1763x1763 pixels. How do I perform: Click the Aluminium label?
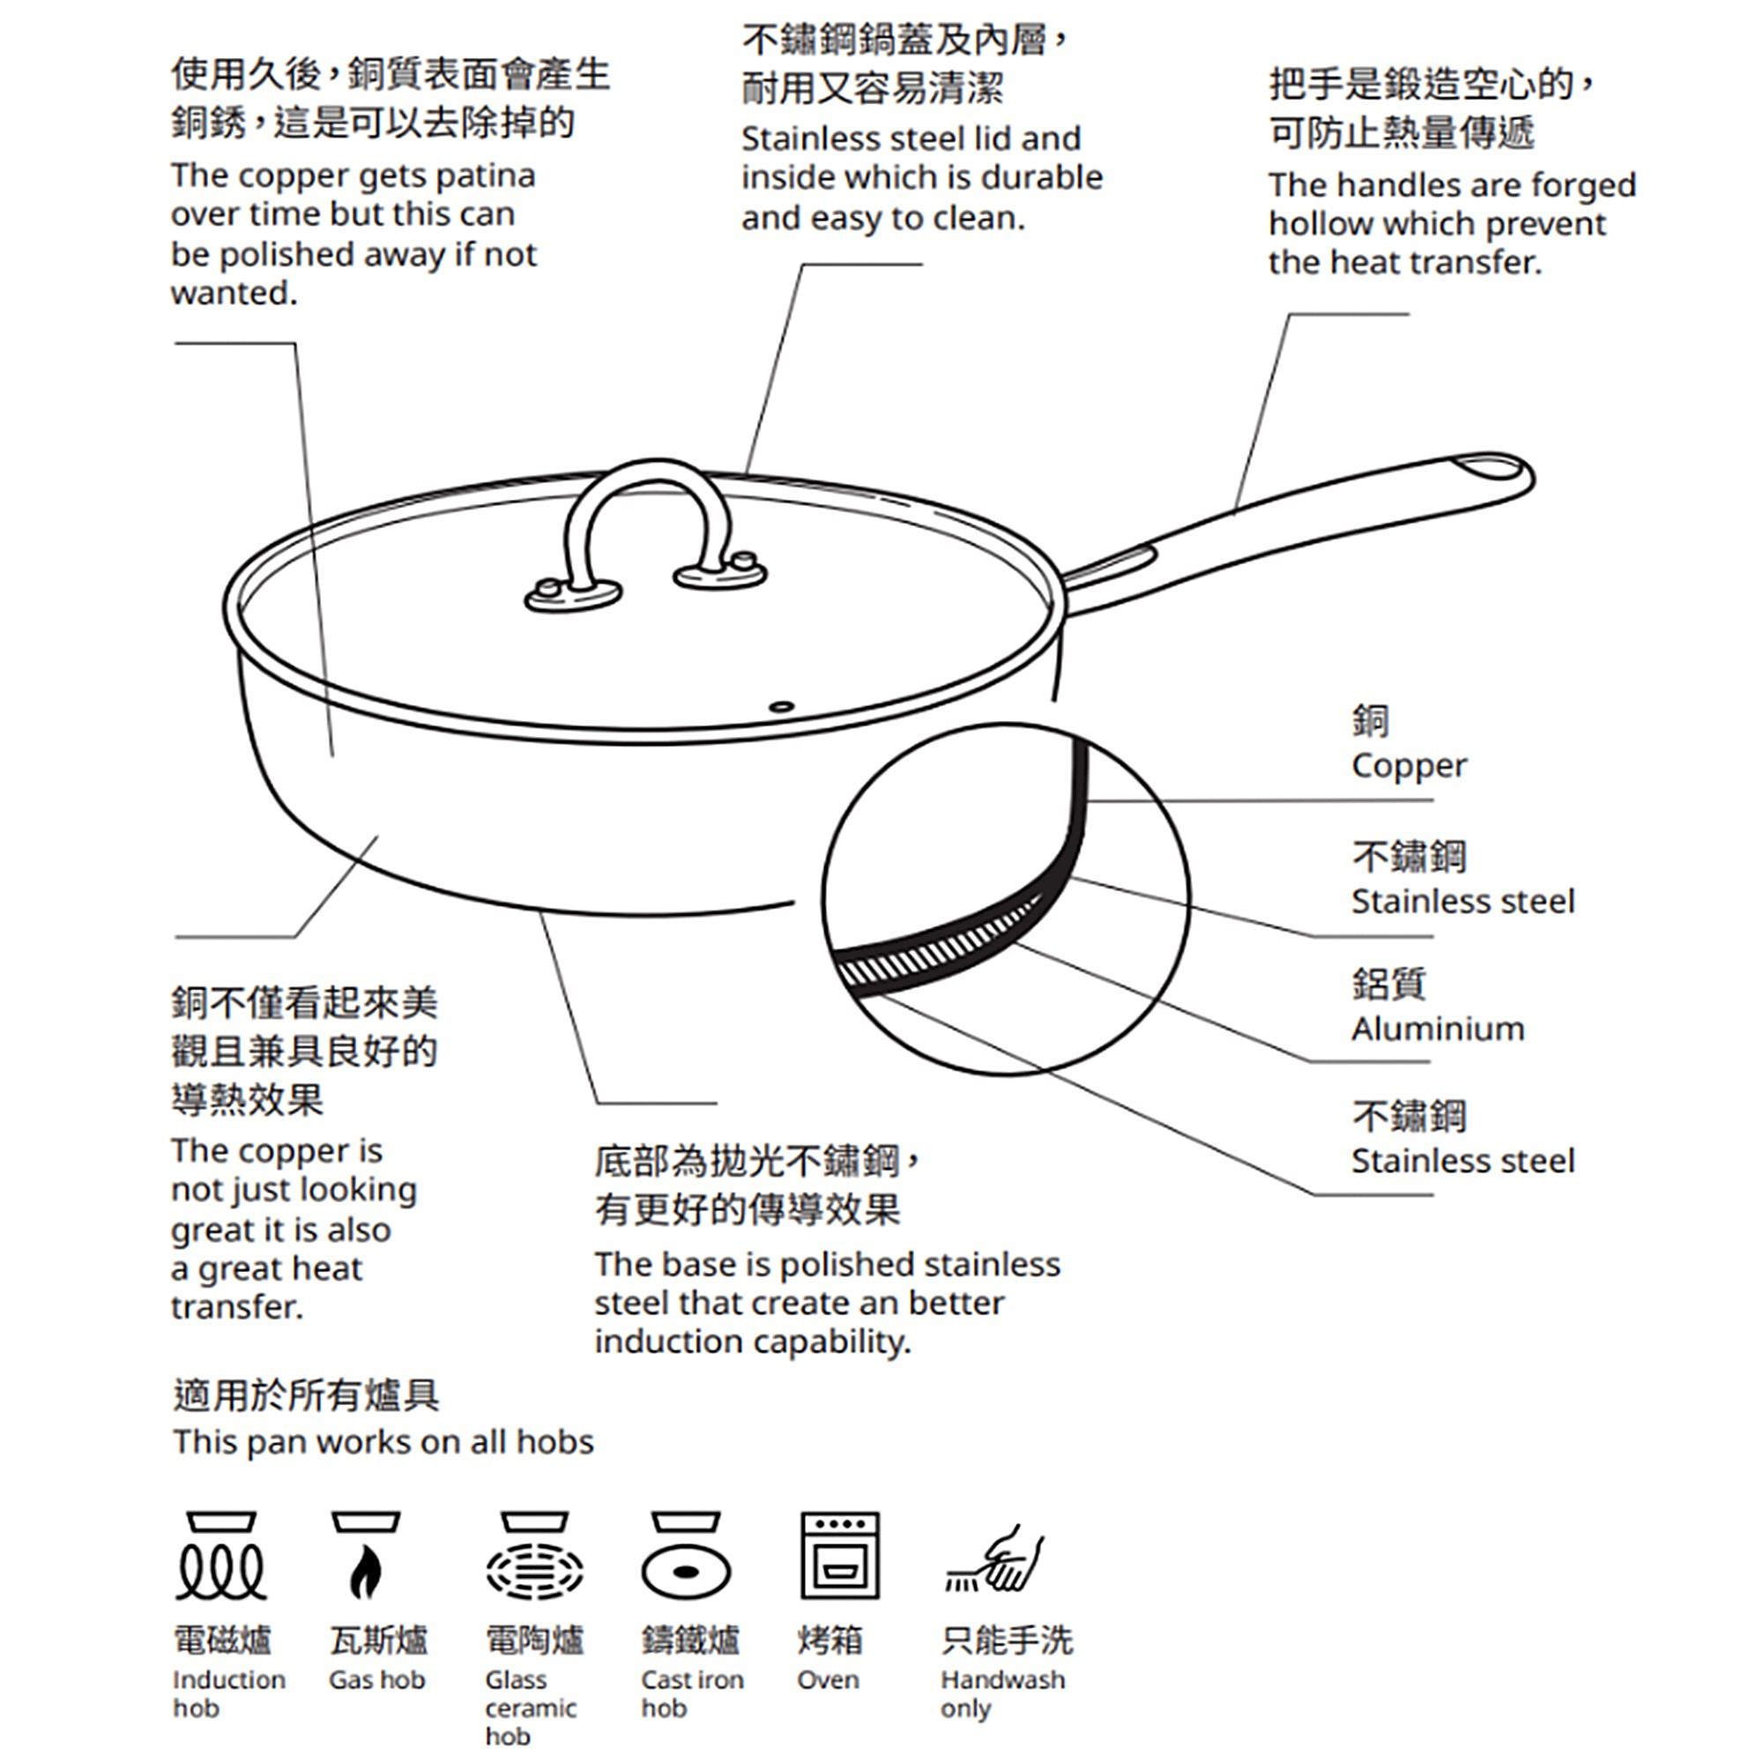1437,1030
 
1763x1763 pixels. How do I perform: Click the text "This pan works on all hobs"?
383,1442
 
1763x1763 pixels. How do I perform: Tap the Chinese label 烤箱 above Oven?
829,1640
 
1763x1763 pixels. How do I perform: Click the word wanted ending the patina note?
234,294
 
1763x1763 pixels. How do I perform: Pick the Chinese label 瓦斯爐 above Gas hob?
378,1640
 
